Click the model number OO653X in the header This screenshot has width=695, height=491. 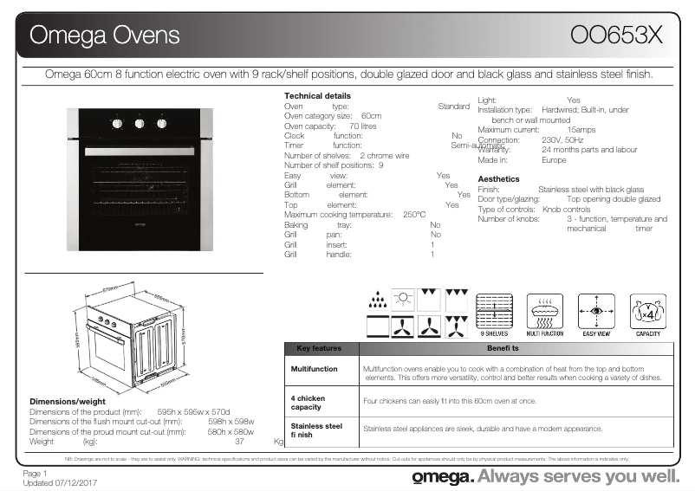point(617,35)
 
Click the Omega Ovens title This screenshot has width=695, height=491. point(105,36)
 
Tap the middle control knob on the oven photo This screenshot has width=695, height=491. point(140,124)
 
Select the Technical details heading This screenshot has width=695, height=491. point(317,95)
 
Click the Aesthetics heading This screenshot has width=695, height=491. point(498,178)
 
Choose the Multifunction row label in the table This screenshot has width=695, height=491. point(314,369)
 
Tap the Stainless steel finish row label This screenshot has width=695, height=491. point(316,430)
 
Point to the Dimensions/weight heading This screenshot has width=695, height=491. point(68,402)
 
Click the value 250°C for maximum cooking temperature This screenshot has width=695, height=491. point(414,215)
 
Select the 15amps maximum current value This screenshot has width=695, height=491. point(581,129)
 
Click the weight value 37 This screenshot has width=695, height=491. point(239,442)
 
